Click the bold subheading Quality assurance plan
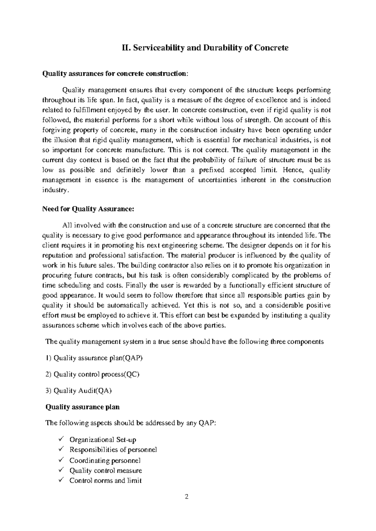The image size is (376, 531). pos(82,407)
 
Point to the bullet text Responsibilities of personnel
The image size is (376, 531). pos(113,450)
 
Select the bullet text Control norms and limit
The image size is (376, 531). pos(105,481)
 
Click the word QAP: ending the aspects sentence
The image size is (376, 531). pos(206,423)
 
